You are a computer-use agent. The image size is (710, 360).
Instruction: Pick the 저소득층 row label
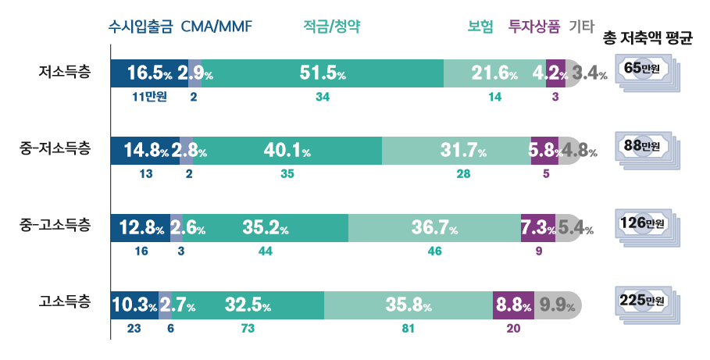click(64, 73)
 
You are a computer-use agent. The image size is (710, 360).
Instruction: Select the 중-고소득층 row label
click(55, 226)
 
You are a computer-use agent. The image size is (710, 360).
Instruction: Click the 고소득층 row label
click(64, 301)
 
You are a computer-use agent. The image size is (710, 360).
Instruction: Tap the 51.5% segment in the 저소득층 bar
click(323, 74)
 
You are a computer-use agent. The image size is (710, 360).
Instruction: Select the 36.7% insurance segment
click(434, 227)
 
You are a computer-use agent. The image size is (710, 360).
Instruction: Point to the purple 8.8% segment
click(512, 305)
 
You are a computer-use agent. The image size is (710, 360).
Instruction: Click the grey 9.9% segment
click(557, 305)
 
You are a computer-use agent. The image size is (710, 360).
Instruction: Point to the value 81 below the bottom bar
click(408, 329)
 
